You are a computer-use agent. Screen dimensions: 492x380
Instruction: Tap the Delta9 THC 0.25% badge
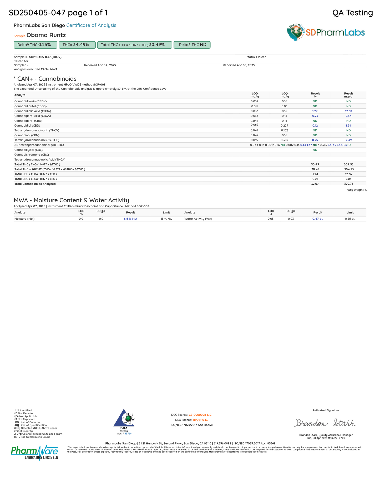35,45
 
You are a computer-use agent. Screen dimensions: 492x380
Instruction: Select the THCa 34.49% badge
77,45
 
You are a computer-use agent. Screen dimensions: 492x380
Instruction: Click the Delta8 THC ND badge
192,45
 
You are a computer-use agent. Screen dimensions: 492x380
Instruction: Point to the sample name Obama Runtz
46,35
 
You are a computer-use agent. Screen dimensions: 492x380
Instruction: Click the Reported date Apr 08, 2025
245,65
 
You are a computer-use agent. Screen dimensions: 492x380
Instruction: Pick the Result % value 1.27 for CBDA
315,111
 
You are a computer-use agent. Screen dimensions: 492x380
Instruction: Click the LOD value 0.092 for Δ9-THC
254,140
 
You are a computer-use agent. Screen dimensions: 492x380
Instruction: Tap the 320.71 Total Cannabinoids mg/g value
348,184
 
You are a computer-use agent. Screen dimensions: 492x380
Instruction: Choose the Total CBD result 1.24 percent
315,174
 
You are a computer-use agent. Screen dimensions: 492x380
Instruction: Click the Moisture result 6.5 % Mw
130,219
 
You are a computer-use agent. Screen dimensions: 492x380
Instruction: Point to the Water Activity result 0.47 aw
318,219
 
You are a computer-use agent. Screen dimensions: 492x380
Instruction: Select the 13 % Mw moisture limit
166,219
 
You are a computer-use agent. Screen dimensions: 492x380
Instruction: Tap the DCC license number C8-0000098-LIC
200,415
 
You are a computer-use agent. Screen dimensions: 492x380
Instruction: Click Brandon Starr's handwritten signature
325,423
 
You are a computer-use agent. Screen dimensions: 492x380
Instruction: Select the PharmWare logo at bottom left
34,452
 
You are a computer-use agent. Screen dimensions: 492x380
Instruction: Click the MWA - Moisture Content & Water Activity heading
71,200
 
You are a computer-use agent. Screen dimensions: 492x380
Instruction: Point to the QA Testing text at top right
352,13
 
